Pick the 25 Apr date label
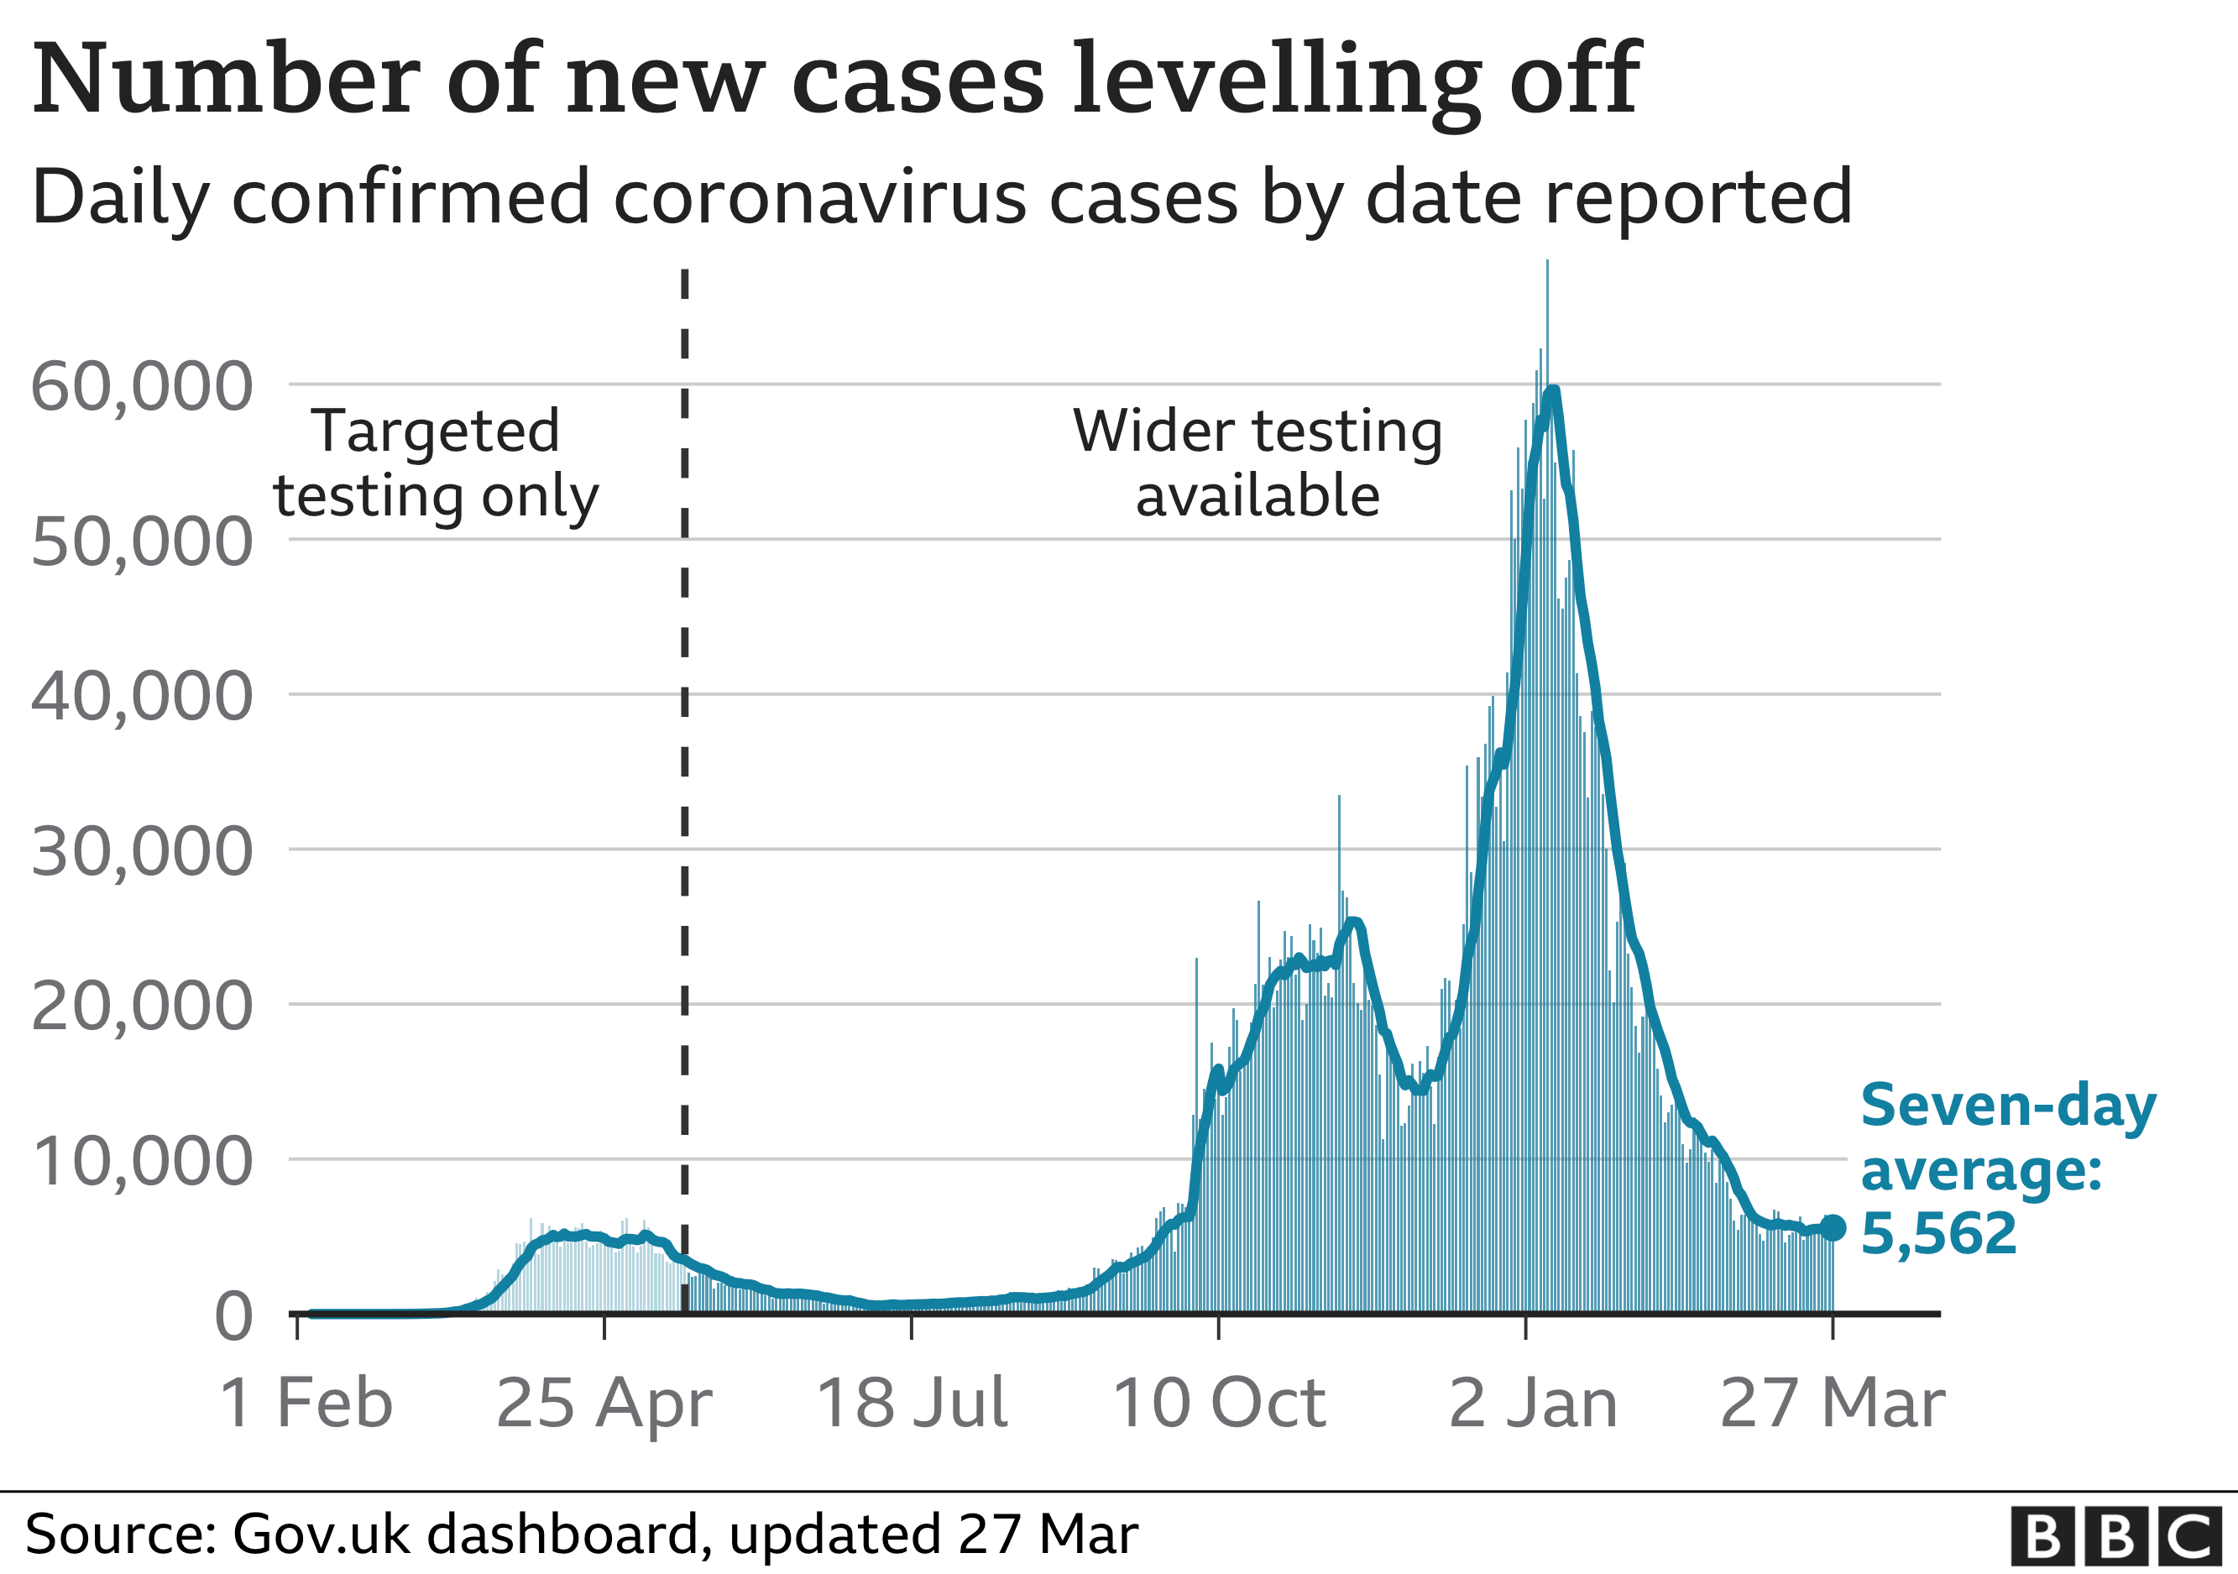click(604, 1404)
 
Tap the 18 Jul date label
click(912, 1404)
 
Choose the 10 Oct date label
click(1218, 1404)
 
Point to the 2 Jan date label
click(1533, 1404)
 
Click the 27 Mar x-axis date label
click(1833, 1404)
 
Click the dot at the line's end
click(1833, 1227)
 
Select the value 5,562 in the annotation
click(1937, 1233)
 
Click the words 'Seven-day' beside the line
click(2008, 1106)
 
